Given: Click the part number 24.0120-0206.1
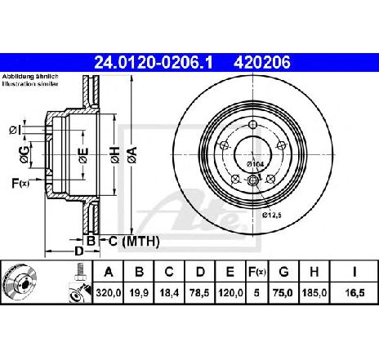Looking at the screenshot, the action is point(153,62).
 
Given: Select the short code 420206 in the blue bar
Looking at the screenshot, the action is point(262,62).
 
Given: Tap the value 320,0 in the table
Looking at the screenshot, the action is point(109,293).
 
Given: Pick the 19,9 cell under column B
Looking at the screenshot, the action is point(139,293).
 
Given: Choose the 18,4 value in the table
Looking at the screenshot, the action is point(169,293).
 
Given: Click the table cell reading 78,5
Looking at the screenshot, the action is point(200,293).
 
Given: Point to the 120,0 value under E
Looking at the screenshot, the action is point(230,293).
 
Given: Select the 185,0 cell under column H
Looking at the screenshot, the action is point(314,293).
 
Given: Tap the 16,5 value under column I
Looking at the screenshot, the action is point(354,293).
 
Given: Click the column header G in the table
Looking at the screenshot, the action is point(283,272).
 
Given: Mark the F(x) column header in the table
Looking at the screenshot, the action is point(256,272).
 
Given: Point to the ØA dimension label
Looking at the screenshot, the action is point(132,155).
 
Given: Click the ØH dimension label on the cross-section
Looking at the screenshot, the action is point(115,155).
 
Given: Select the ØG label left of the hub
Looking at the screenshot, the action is point(25,154).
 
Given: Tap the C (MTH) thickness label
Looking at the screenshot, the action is point(134,241).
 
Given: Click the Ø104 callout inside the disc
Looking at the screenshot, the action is point(256,164).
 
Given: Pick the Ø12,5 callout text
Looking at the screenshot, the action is point(272,216).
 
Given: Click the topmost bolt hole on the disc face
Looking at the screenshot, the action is point(253,125).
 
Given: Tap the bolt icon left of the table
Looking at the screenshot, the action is point(80,272).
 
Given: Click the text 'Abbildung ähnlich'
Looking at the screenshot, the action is point(30,77).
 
